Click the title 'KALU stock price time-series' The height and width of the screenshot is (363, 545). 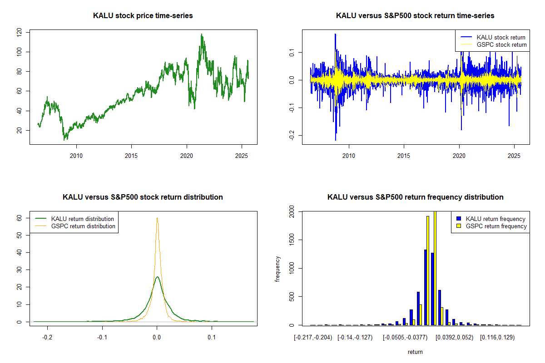pos(143,16)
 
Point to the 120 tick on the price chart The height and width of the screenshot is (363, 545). pos(19,32)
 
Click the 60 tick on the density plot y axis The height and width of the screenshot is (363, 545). pos(19,218)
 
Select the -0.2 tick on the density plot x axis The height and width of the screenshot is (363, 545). pos(47,338)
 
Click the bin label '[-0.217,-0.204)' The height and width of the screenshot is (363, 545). pos(313,338)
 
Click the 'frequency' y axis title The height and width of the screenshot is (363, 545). pos(277,269)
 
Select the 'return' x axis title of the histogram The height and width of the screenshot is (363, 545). pos(415,352)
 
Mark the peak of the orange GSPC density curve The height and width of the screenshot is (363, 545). pos(157,218)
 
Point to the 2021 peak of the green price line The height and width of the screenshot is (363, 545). pos(202,34)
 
